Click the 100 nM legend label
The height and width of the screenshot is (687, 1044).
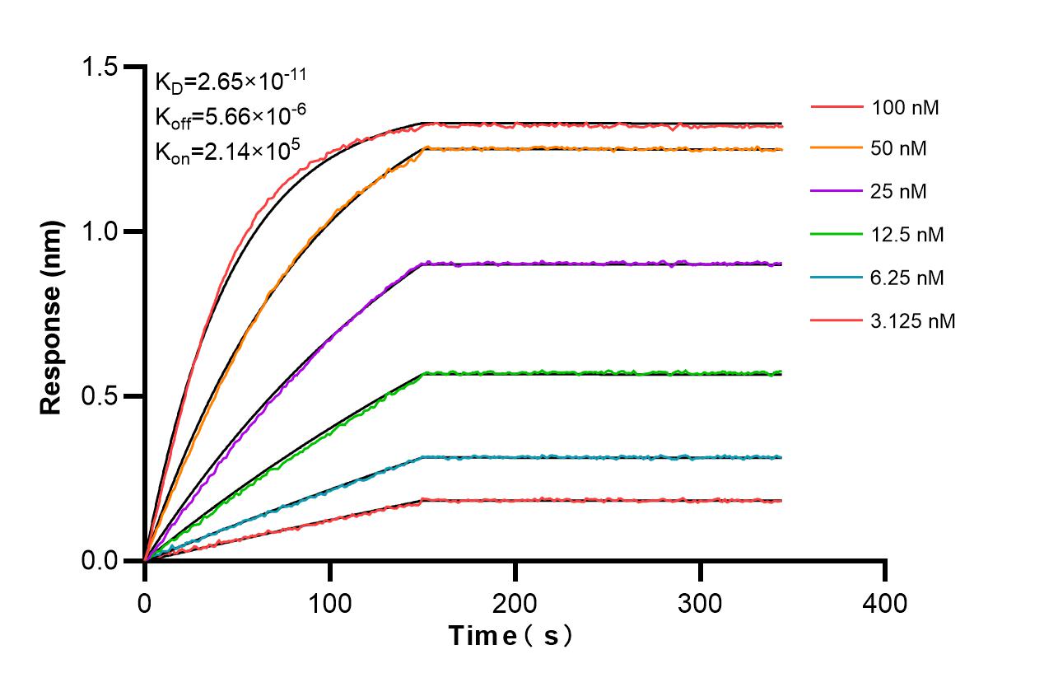click(x=905, y=107)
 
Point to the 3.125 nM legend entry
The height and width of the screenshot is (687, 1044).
click(x=913, y=320)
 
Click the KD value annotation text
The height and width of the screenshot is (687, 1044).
click(x=231, y=82)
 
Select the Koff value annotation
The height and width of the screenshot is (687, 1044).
click(x=226, y=116)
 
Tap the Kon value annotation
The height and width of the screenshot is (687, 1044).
click(x=226, y=151)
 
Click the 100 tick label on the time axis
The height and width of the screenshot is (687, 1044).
click(x=330, y=603)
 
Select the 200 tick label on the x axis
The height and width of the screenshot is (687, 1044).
click(x=515, y=603)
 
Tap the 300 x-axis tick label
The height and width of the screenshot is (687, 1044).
click(x=701, y=603)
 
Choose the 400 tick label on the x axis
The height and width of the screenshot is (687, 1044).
click(x=886, y=603)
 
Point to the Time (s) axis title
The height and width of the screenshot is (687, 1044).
click(x=510, y=636)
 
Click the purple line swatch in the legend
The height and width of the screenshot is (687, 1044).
click(x=835, y=192)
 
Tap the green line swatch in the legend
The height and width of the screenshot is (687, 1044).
click(x=835, y=235)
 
